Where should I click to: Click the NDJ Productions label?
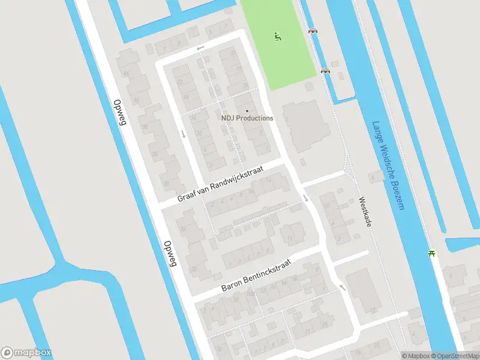click(247, 118)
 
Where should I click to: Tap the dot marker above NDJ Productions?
click(247, 110)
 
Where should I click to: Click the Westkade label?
click(365, 212)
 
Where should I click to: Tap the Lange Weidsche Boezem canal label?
click(388, 166)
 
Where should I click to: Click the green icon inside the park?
click(277, 36)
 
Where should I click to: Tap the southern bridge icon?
click(325, 71)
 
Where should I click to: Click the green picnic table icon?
click(431, 253)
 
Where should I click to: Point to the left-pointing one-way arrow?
click(200, 47)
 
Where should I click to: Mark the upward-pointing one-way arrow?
click(343, 287)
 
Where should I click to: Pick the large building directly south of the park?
click(306, 126)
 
